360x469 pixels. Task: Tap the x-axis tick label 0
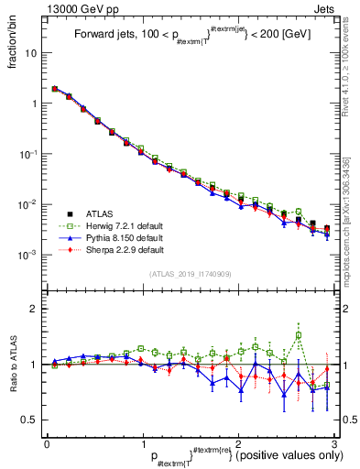click(x=47, y=442)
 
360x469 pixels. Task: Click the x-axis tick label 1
click(x=143, y=442)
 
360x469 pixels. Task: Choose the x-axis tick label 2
click(x=239, y=442)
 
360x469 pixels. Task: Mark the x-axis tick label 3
click(x=334, y=442)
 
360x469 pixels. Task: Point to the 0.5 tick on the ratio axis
click(x=29, y=420)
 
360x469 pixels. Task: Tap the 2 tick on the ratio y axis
click(x=34, y=309)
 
